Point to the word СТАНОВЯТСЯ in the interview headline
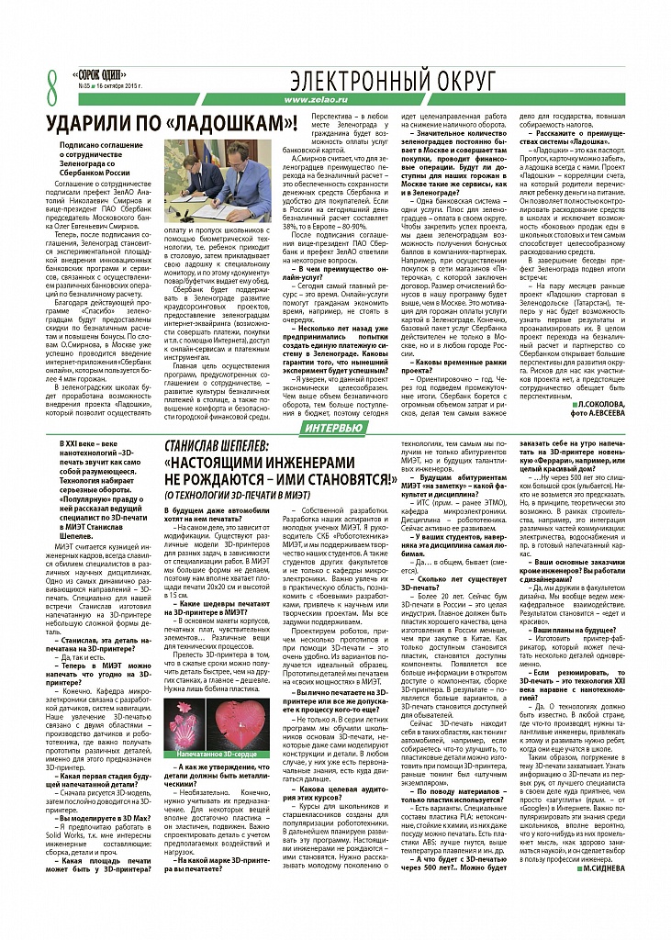point(345,479)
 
